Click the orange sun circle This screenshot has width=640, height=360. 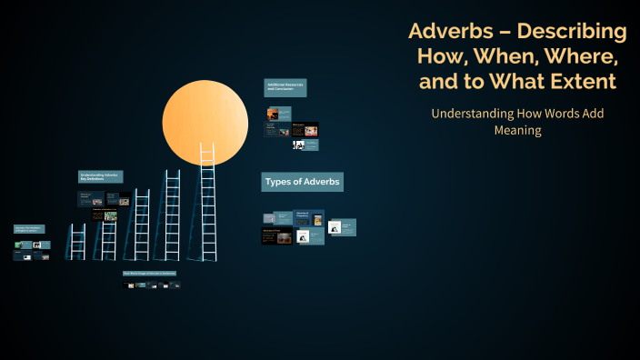(205, 122)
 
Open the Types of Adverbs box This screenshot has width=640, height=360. (302, 182)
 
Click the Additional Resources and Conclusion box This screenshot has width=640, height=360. (285, 87)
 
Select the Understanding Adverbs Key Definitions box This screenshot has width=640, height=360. (100, 177)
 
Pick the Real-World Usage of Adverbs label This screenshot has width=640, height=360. (149, 273)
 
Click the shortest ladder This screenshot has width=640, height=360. (77, 242)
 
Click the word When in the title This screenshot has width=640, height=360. (496, 56)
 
